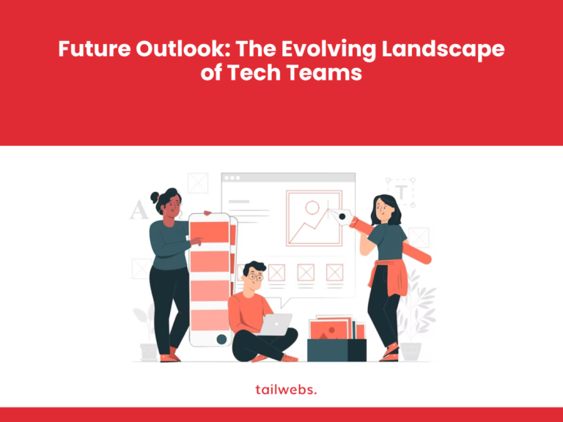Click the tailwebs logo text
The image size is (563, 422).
coord(281,389)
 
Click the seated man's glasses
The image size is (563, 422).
coord(254,278)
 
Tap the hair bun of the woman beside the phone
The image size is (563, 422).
coord(155,197)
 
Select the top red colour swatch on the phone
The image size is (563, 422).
coord(210,234)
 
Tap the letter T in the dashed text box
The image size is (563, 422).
coord(401,192)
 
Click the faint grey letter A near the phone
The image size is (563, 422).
coord(139,211)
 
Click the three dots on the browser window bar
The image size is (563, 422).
coord(232,178)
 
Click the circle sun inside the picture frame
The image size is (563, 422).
coord(312,207)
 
